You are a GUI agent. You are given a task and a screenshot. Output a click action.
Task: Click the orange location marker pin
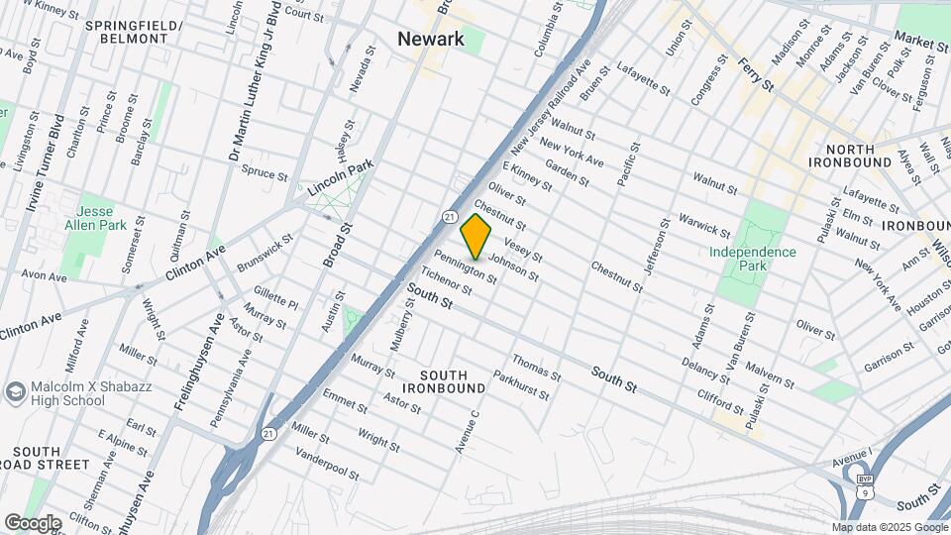pos(476,237)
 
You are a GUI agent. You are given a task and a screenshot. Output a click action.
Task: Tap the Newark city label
pos(431,39)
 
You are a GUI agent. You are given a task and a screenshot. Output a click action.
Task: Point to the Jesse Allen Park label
pos(95,218)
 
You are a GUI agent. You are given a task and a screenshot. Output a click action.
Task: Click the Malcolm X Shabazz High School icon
pos(15,392)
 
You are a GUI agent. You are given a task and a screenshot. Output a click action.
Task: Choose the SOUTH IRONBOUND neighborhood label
pos(453,381)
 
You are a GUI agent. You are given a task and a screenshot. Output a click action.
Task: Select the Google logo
pos(33,522)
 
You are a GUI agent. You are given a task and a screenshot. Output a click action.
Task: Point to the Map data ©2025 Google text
pos(889,527)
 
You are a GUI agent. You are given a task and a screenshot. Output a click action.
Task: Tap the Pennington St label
pos(465,267)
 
